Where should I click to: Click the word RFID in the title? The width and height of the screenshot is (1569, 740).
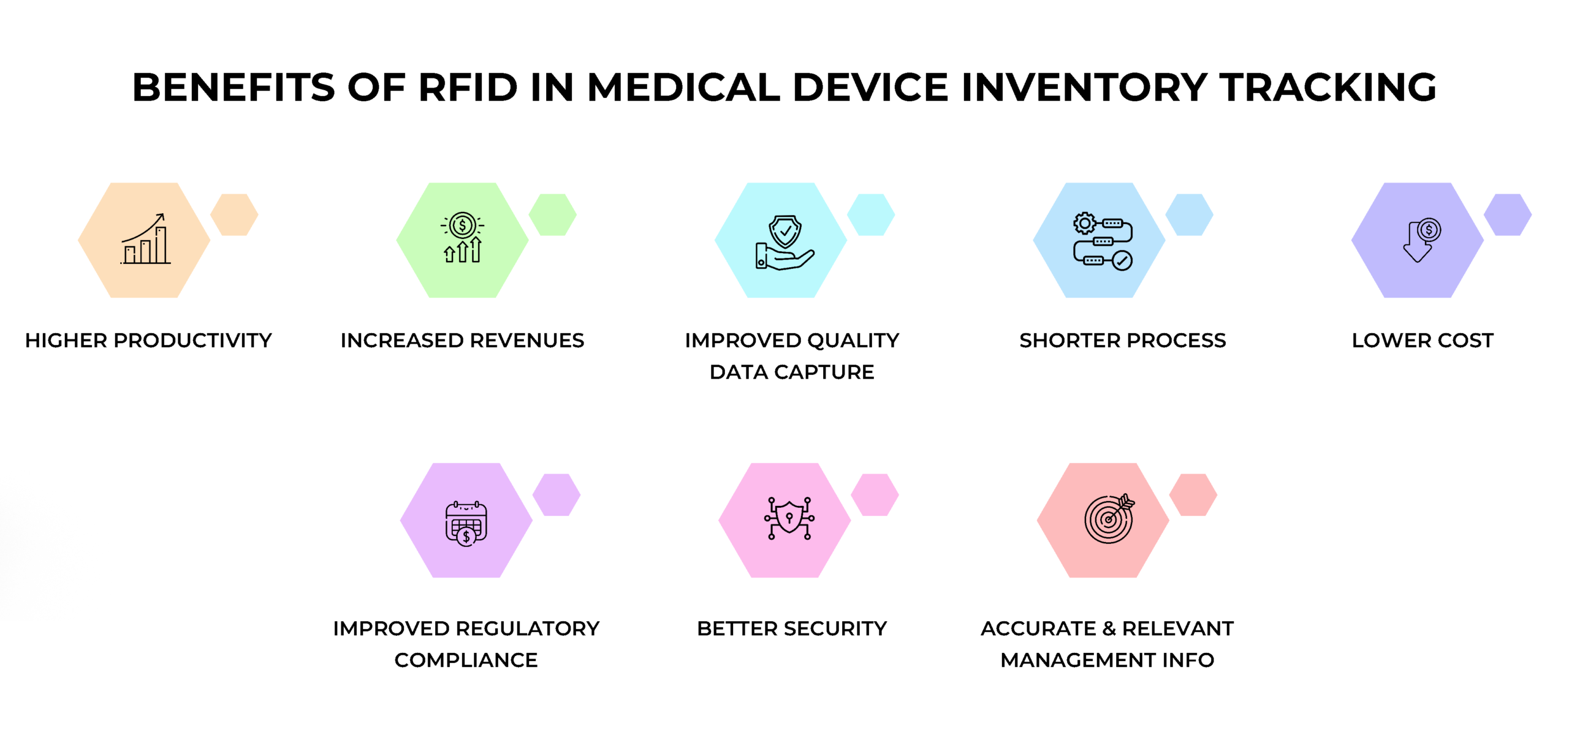(468, 87)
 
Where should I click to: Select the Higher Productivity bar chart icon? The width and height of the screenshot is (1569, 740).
(145, 240)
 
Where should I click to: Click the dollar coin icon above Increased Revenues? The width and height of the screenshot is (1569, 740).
(462, 226)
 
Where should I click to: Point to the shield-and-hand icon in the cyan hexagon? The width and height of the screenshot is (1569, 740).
(784, 242)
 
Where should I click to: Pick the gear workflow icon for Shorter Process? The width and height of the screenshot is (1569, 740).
(1103, 241)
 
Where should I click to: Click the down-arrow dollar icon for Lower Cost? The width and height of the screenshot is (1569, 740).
(1421, 240)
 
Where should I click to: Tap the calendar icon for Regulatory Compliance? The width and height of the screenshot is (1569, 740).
(466, 523)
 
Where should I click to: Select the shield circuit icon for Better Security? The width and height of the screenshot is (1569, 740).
(789, 518)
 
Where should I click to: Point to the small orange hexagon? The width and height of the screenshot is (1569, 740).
(234, 215)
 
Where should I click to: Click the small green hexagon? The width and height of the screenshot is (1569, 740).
(552, 215)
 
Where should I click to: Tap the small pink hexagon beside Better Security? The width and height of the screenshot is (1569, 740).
(875, 494)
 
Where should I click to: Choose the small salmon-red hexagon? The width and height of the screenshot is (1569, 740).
(1193, 494)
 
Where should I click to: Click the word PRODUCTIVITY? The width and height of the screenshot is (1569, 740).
(192, 341)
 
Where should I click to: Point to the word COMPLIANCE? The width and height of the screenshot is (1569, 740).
(466, 660)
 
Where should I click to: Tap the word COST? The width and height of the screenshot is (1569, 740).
(1465, 341)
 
